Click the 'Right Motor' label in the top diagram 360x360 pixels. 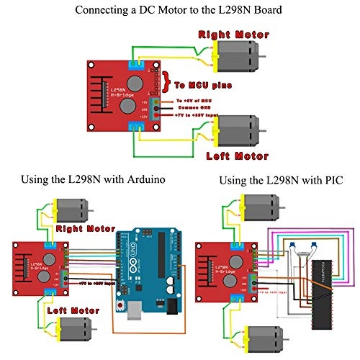tap(234, 34)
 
